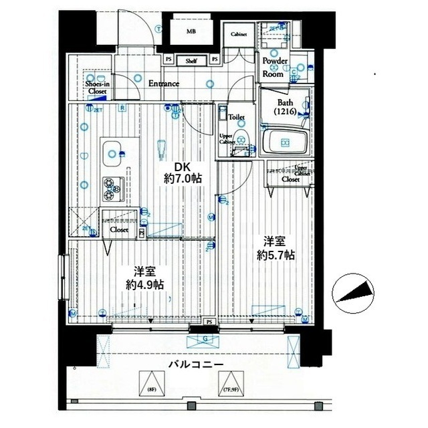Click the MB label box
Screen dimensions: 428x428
[x=191, y=31]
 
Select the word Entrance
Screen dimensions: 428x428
[x=163, y=84]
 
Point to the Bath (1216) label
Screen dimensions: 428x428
[x=286, y=108]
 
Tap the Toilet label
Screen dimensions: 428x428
[x=236, y=117]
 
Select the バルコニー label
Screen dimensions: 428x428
[x=195, y=365]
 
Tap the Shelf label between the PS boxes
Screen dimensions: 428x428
[x=191, y=60]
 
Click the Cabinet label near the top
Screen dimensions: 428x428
[x=239, y=34]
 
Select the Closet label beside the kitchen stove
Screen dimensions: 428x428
[x=119, y=229]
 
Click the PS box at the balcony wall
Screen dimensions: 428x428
[x=209, y=322]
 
